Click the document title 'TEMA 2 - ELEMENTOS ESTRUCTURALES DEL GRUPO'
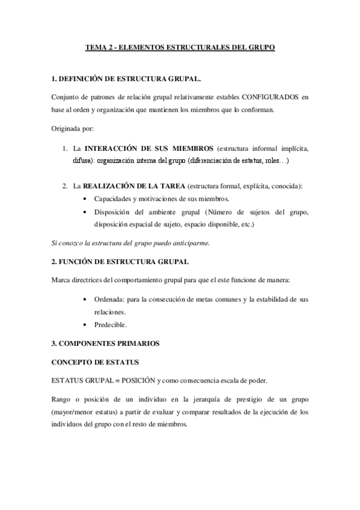pos(180,47)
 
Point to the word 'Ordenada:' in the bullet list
pos(109,299)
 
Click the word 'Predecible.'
pos(111,325)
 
